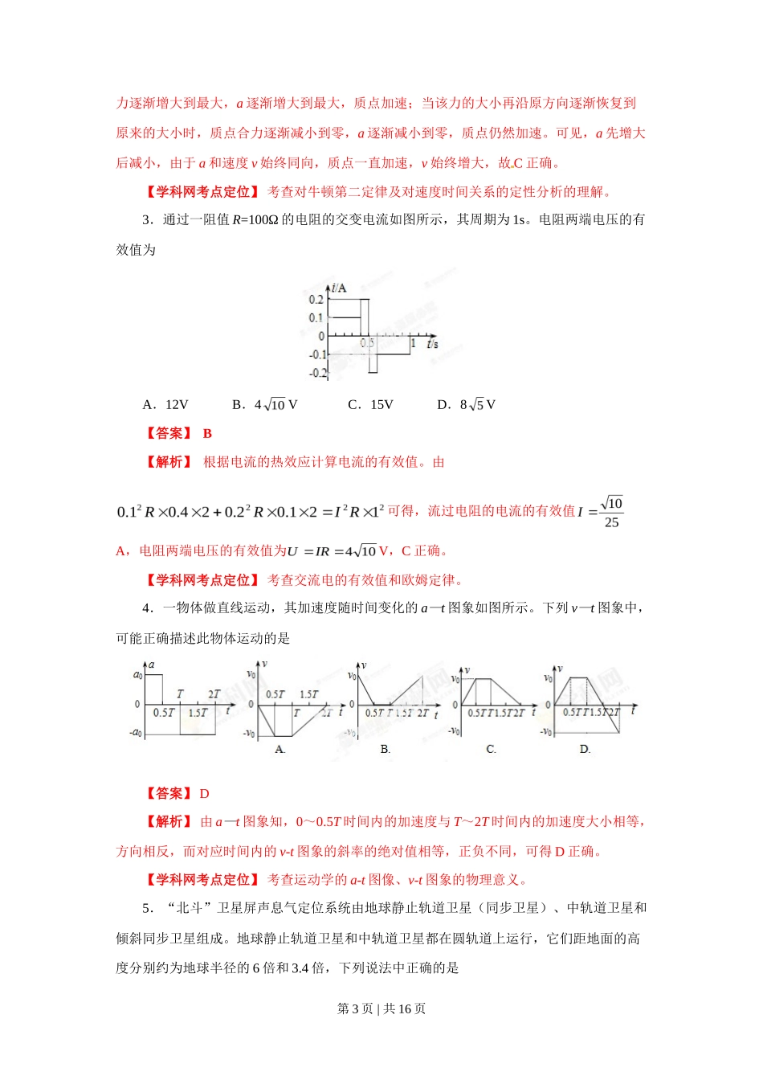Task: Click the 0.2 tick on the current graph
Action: coord(316,300)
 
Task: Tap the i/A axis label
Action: coord(339,288)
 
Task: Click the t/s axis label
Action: coord(432,344)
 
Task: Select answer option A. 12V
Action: coord(165,404)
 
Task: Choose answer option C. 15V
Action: coord(371,404)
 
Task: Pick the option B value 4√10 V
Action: coord(275,404)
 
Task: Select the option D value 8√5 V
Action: coord(477,404)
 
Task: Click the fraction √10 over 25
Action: coord(611,512)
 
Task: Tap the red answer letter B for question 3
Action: coord(207,433)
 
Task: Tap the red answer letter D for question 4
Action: coord(204,793)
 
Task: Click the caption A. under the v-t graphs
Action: coord(280,749)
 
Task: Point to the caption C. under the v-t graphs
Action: coord(492,749)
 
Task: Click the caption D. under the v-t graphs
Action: coord(585,749)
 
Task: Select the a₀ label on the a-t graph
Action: coord(137,675)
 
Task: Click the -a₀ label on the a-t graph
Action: coord(135,733)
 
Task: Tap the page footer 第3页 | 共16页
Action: coord(381,1008)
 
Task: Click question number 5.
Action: coord(147,908)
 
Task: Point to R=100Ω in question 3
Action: coord(255,219)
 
